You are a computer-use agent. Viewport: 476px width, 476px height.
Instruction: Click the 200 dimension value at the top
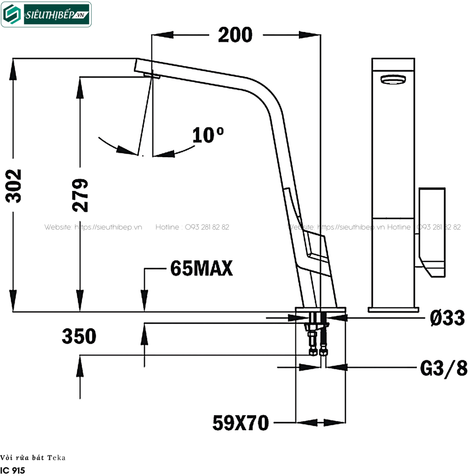pos(235,35)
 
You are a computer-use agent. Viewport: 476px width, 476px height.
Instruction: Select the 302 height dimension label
pos(14,185)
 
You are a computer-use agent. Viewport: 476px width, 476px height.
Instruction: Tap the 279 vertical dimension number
pos(80,195)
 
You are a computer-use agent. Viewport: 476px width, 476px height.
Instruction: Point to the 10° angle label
pos(208,135)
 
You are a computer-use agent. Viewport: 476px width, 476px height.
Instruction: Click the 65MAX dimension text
pos(201,268)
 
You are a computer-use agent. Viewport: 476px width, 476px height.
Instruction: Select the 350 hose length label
pos(79,336)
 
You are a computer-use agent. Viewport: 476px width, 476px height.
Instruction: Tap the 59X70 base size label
pos(240,423)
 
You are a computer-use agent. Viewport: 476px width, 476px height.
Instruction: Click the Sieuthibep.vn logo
pos(46,14)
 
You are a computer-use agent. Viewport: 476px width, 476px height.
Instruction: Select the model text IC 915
pos(13,470)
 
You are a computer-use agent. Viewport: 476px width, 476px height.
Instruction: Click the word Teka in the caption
pos(58,457)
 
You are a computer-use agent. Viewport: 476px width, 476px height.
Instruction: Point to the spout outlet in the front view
pos(393,80)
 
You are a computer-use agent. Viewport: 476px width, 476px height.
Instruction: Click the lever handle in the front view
pos(432,232)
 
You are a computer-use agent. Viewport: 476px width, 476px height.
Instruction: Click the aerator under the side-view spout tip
pos(152,75)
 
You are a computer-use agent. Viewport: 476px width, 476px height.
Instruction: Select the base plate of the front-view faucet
pos(393,309)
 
